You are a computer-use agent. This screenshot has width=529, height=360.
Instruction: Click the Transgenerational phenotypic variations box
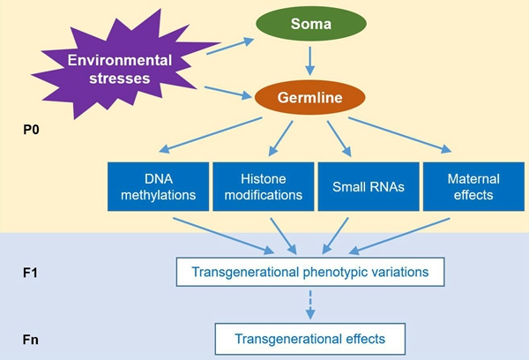tap(309, 273)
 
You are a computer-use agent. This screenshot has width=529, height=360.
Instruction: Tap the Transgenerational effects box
tap(309, 336)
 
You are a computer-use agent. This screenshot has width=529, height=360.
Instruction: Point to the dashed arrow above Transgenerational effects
tap(309, 304)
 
